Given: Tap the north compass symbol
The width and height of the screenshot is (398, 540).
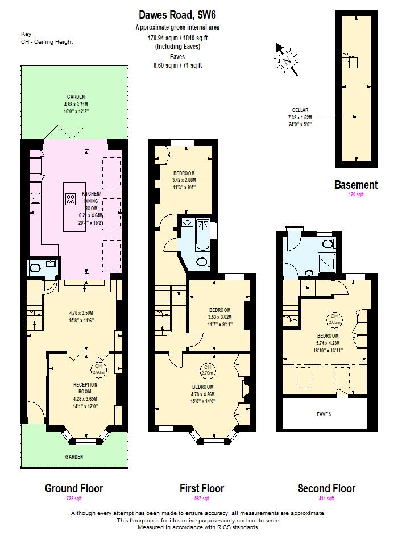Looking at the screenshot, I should [x=287, y=59].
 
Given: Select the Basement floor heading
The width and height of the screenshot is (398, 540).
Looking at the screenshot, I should [x=355, y=185].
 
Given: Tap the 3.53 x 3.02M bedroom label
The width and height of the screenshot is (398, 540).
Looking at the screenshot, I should [x=219, y=317].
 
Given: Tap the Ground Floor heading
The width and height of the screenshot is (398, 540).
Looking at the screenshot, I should [x=74, y=488].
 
